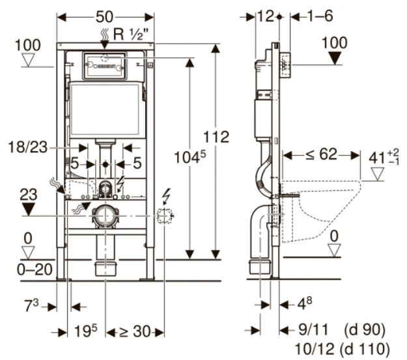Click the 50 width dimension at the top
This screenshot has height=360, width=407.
point(105,17)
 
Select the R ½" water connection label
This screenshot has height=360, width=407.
point(132,34)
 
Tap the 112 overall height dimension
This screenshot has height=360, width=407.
point(216,137)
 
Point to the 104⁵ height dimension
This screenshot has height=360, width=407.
point(190,156)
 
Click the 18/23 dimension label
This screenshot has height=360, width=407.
point(28,147)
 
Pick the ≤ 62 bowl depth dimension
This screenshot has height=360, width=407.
point(321,155)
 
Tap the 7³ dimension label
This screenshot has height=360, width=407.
point(31,305)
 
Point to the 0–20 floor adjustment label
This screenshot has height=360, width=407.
point(35,270)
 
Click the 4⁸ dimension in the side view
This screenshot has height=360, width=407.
point(305,303)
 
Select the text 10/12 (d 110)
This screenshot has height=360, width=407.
point(343,348)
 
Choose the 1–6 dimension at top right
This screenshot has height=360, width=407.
point(320,16)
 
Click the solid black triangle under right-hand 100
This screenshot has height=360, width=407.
point(335,58)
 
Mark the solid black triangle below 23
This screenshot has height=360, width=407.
point(28,209)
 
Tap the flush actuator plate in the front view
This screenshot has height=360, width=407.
point(105,66)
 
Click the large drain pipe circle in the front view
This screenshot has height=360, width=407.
point(105,216)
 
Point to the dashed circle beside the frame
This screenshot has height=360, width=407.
point(164,216)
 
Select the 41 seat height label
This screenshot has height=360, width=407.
point(384,158)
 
